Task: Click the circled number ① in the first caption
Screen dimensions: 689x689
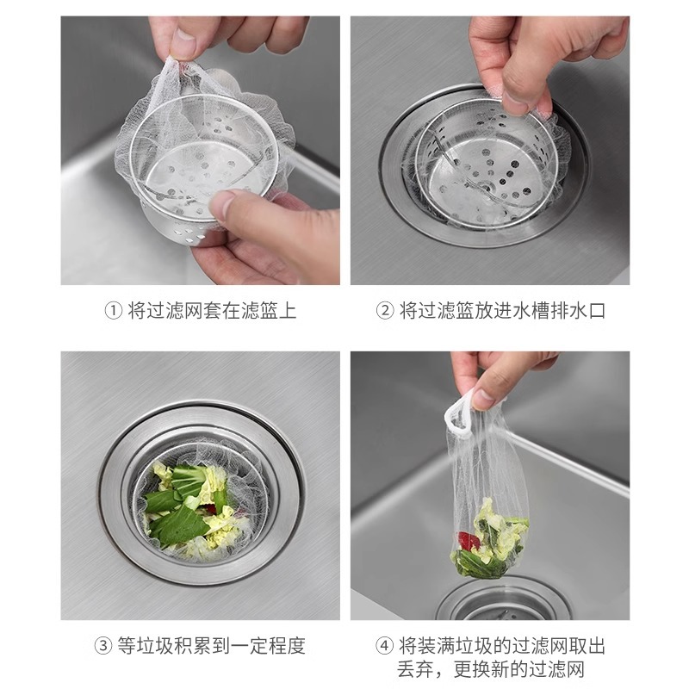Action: coord(113,311)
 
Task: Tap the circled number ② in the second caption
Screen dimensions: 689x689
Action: coord(385,311)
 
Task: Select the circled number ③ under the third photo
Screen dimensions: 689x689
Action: coord(103,645)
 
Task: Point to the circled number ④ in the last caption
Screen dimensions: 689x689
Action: coord(385,645)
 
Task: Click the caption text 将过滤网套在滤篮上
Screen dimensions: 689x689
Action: coord(212,311)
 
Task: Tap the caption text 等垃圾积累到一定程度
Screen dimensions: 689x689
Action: coord(212,645)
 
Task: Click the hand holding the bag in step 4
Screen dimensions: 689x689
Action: coord(500,375)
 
